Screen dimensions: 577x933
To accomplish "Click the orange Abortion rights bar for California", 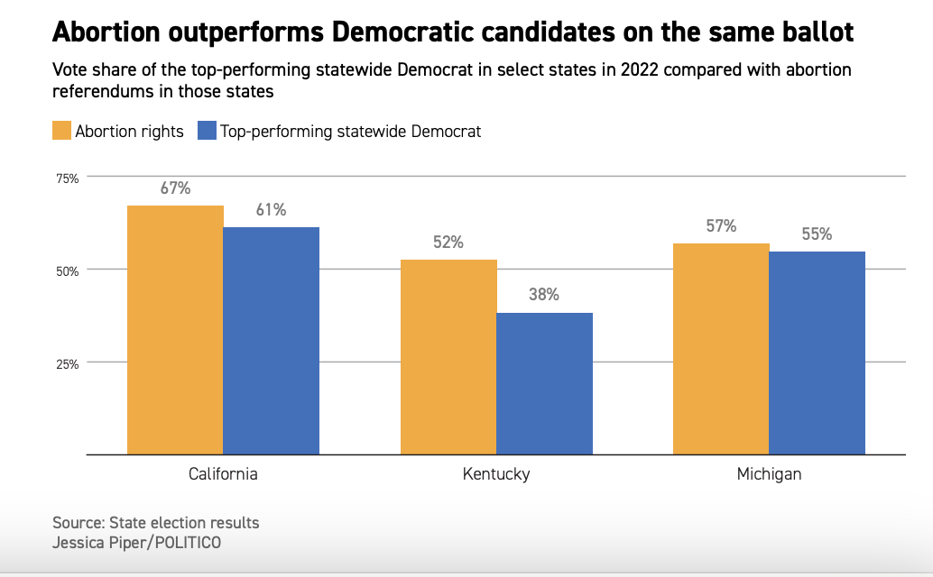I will (x=175, y=330).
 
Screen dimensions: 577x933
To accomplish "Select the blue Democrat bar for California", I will (x=272, y=341).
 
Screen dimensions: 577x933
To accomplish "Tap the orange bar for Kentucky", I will (x=448, y=357).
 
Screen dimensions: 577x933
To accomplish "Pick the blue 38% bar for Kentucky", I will (x=545, y=383).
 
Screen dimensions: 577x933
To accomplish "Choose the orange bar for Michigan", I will (x=721, y=349).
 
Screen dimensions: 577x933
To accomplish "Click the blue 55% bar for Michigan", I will (x=818, y=353).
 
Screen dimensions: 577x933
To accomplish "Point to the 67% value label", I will (x=175, y=188).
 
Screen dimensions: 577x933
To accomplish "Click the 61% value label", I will (x=272, y=210).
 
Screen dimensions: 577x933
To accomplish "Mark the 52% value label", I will (x=448, y=243).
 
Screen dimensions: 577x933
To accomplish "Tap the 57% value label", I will (x=721, y=226).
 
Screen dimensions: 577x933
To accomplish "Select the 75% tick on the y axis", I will (x=68, y=179).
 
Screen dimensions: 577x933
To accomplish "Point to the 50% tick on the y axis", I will (x=68, y=270).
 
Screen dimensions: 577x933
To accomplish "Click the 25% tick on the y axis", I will (x=68, y=363).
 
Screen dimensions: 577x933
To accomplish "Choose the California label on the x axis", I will (x=223, y=474).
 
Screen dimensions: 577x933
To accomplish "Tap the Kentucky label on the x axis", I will (x=496, y=474).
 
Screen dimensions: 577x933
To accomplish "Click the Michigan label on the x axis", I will (x=769, y=474).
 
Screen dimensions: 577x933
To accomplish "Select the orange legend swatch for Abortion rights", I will (x=61, y=131).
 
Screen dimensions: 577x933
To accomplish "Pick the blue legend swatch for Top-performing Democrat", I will (x=207, y=131).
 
